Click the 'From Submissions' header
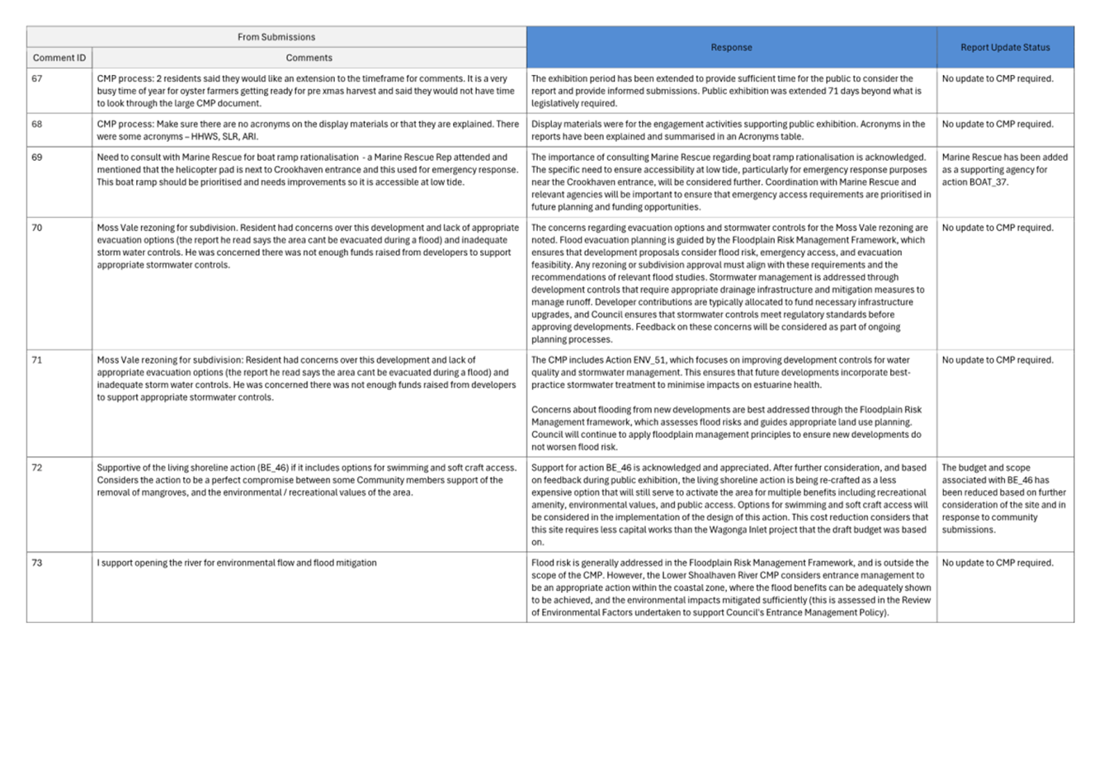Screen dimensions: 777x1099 coord(276,37)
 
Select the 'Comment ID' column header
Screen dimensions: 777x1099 coord(59,58)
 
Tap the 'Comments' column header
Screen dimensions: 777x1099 coord(309,58)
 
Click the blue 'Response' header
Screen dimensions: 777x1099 coord(731,47)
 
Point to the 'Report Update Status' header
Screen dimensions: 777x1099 coord(1005,47)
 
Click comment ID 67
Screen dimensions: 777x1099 coord(37,79)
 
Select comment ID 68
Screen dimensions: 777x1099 coord(37,125)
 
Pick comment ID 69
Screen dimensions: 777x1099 coord(37,158)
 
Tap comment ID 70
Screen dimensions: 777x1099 coord(37,228)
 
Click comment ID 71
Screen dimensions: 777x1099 coord(37,360)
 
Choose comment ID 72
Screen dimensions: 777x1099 coord(37,468)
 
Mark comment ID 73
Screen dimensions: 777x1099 coord(37,563)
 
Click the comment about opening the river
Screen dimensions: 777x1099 coord(237,563)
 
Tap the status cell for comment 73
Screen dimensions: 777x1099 coord(998,563)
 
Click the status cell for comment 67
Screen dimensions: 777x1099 coord(998,79)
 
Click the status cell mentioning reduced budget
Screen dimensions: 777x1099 coord(1003,498)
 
